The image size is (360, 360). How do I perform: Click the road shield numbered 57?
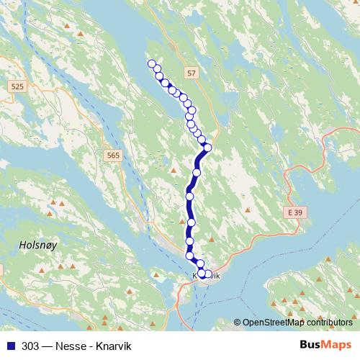190,73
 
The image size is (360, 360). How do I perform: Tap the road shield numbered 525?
18,86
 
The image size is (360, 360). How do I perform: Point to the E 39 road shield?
289,214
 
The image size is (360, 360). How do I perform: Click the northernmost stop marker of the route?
152,63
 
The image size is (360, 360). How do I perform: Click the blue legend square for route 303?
9,345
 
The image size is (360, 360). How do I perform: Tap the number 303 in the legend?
30,345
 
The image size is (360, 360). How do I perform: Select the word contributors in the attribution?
328,323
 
